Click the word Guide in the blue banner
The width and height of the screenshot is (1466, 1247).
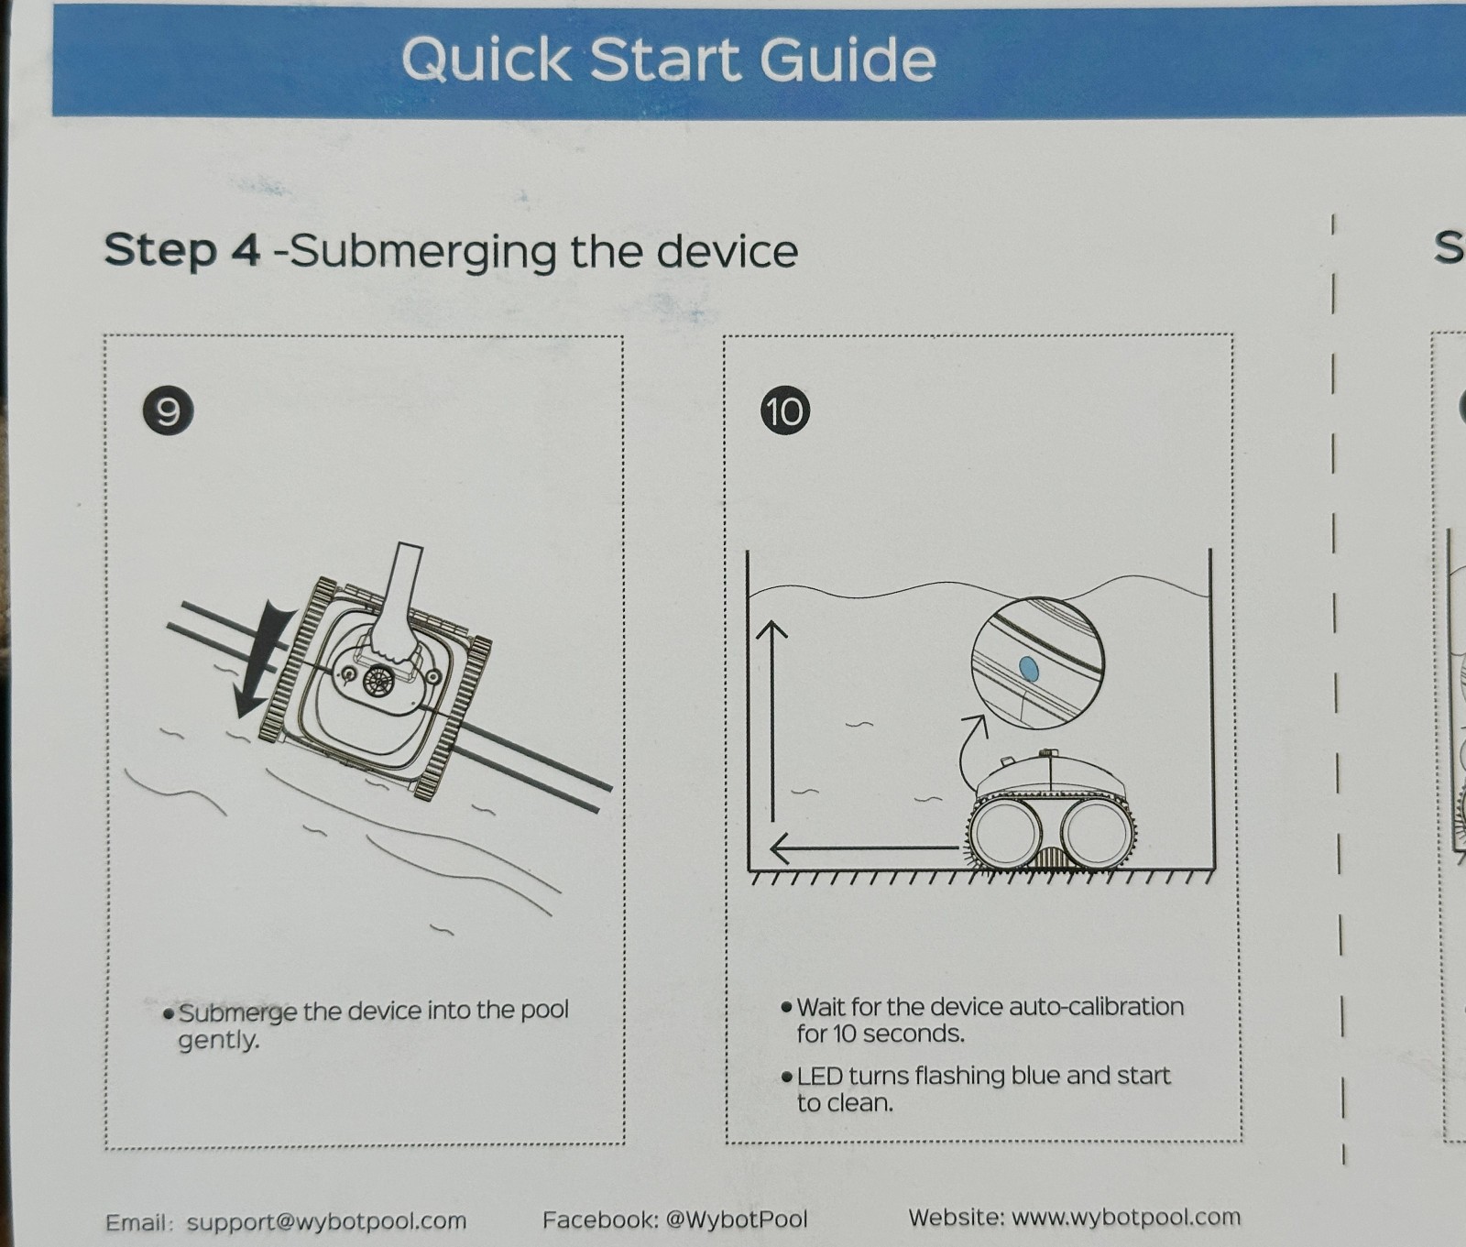(848, 60)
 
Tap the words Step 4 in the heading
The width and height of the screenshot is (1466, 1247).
(182, 249)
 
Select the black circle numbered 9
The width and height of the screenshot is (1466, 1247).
(169, 410)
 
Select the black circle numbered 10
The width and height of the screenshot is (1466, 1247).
(785, 410)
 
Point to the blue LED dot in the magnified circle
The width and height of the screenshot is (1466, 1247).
(1028, 669)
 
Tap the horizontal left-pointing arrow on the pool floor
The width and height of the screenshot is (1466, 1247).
(866, 848)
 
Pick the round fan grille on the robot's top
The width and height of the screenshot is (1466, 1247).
(377, 681)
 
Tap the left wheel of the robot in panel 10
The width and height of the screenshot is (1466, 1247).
(1005, 834)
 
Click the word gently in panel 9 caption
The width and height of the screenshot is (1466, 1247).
(218, 1041)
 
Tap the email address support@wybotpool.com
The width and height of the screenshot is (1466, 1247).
(326, 1221)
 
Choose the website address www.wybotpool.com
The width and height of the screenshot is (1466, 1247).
(1126, 1218)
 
